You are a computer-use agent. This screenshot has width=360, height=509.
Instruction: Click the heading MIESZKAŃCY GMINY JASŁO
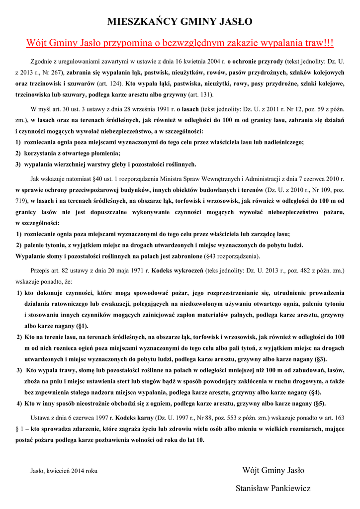click(180, 21)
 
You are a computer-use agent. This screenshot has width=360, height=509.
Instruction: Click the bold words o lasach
click(187, 108)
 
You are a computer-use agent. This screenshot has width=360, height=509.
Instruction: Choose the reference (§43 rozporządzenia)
click(232, 256)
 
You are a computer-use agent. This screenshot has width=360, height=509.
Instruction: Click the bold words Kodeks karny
click(135, 418)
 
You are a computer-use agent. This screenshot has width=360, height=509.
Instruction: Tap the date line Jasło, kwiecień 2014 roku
click(64, 470)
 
